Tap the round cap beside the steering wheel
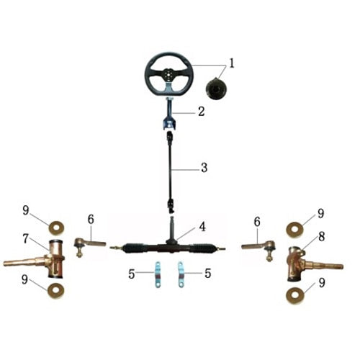click(216, 90)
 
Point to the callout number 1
click(232, 63)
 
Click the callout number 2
click(202, 112)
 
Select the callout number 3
click(204, 168)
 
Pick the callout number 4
click(202, 226)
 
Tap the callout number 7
click(24, 237)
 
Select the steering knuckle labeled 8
click(302, 264)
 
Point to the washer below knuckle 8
click(296, 295)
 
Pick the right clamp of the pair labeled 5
click(183, 276)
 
